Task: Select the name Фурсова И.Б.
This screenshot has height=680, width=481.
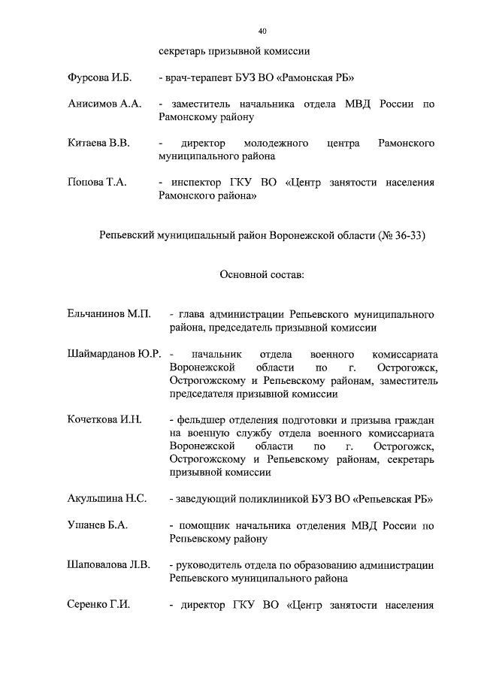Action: tap(98, 78)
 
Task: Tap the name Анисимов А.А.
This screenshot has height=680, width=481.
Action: tap(104, 104)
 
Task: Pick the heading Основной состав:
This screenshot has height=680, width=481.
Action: tap(262, 275)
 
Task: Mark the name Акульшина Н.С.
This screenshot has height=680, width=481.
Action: tap(107, 498)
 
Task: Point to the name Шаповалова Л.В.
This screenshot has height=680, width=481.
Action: tap(108, 564)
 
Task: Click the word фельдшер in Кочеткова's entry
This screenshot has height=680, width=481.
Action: tap(202, 419)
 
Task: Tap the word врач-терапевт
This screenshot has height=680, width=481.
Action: tap(199, 78)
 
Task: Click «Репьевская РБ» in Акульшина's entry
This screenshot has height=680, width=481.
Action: tap(391, 498)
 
